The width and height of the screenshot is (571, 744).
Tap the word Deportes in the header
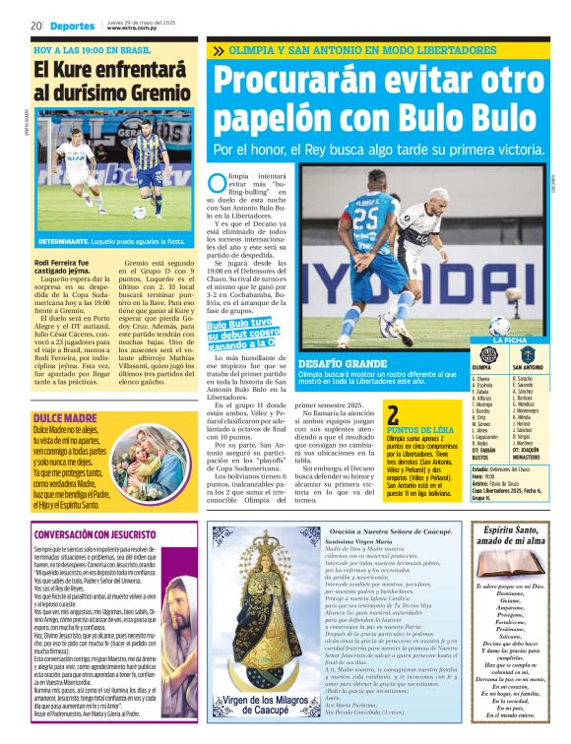tap(73, 26)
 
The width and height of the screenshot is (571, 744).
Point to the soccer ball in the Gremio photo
tap(139, 211)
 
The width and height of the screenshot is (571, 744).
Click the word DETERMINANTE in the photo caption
tap(66, 241)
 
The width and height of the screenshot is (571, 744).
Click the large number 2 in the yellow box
tap(393, 416)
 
